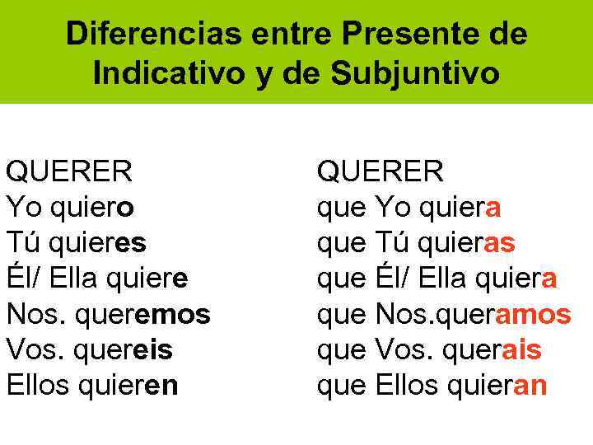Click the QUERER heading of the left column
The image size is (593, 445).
[x=69, y=171]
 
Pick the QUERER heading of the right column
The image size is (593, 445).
[x=381, y=171]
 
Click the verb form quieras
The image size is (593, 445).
[x=468, y=243]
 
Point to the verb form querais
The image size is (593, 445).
[x=493, y=349]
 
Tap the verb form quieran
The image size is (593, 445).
[x=500, y=385]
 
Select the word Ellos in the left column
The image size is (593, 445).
[x=37, y=385]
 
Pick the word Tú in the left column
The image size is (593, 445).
[x=22, y=243]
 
